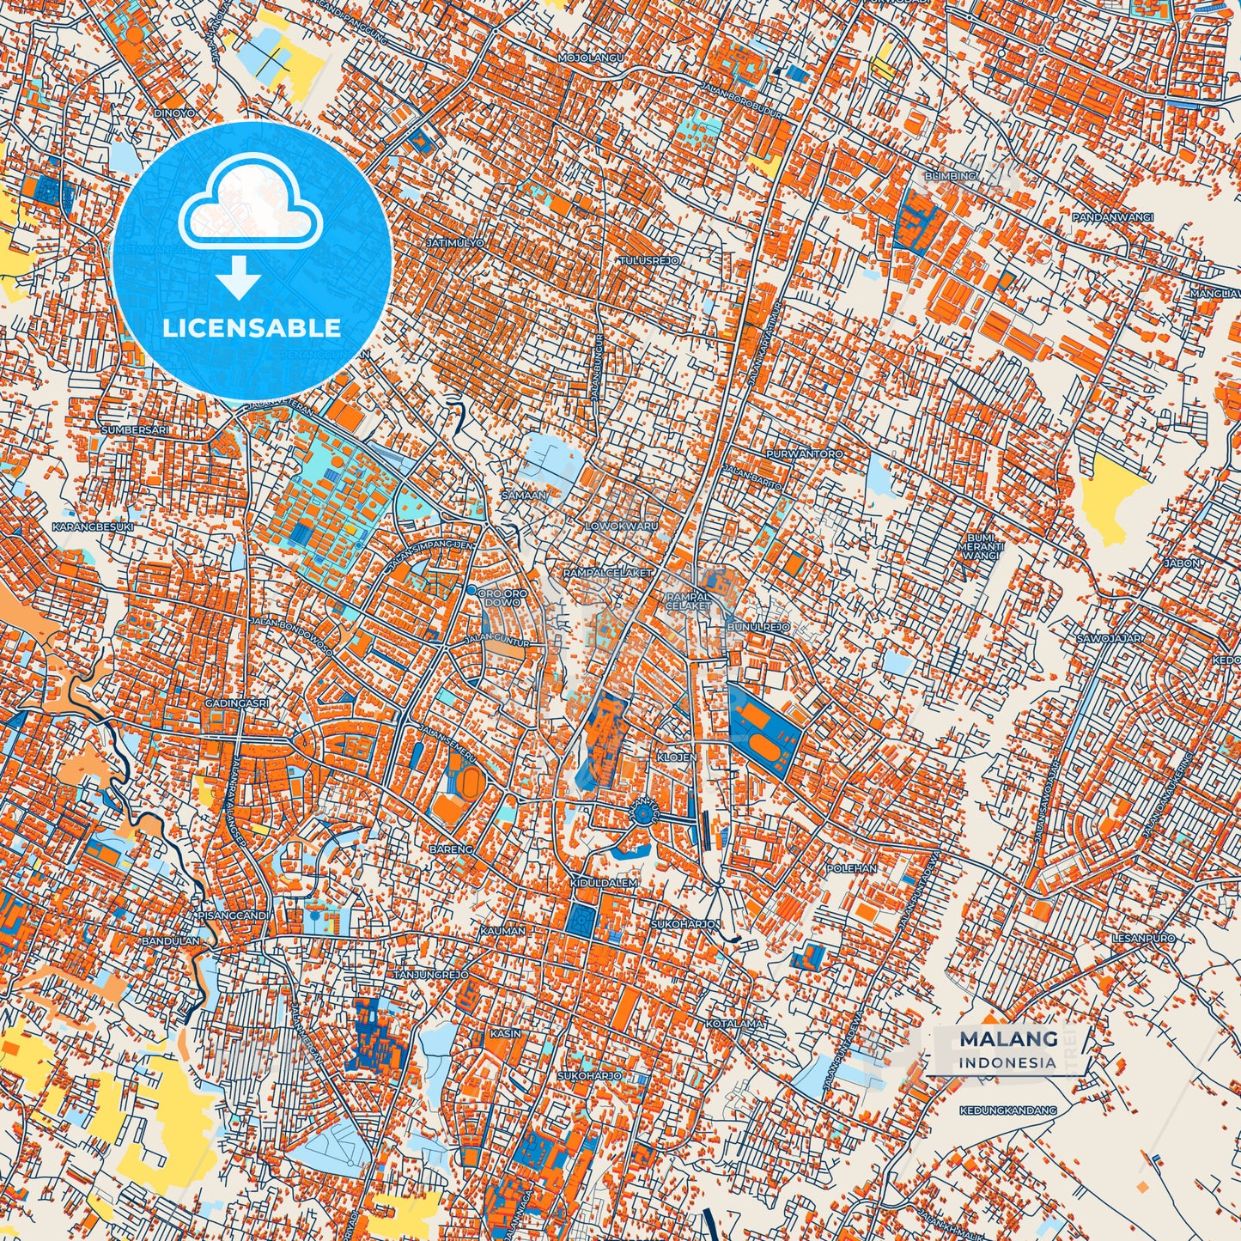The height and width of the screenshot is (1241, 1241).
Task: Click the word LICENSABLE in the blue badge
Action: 251,328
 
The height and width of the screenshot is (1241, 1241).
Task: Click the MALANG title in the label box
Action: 1008,1039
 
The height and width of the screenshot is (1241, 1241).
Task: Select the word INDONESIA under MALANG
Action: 1008,1062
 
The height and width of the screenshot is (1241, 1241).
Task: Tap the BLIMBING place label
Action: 951,176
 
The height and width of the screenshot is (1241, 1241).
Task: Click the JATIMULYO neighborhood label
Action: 454,243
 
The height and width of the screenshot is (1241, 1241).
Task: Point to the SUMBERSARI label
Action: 131,429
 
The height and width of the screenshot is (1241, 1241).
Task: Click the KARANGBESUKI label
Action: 93,526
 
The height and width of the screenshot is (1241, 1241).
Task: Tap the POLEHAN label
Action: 851,868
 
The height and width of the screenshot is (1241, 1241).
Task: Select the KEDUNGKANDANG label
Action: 1008,1110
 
